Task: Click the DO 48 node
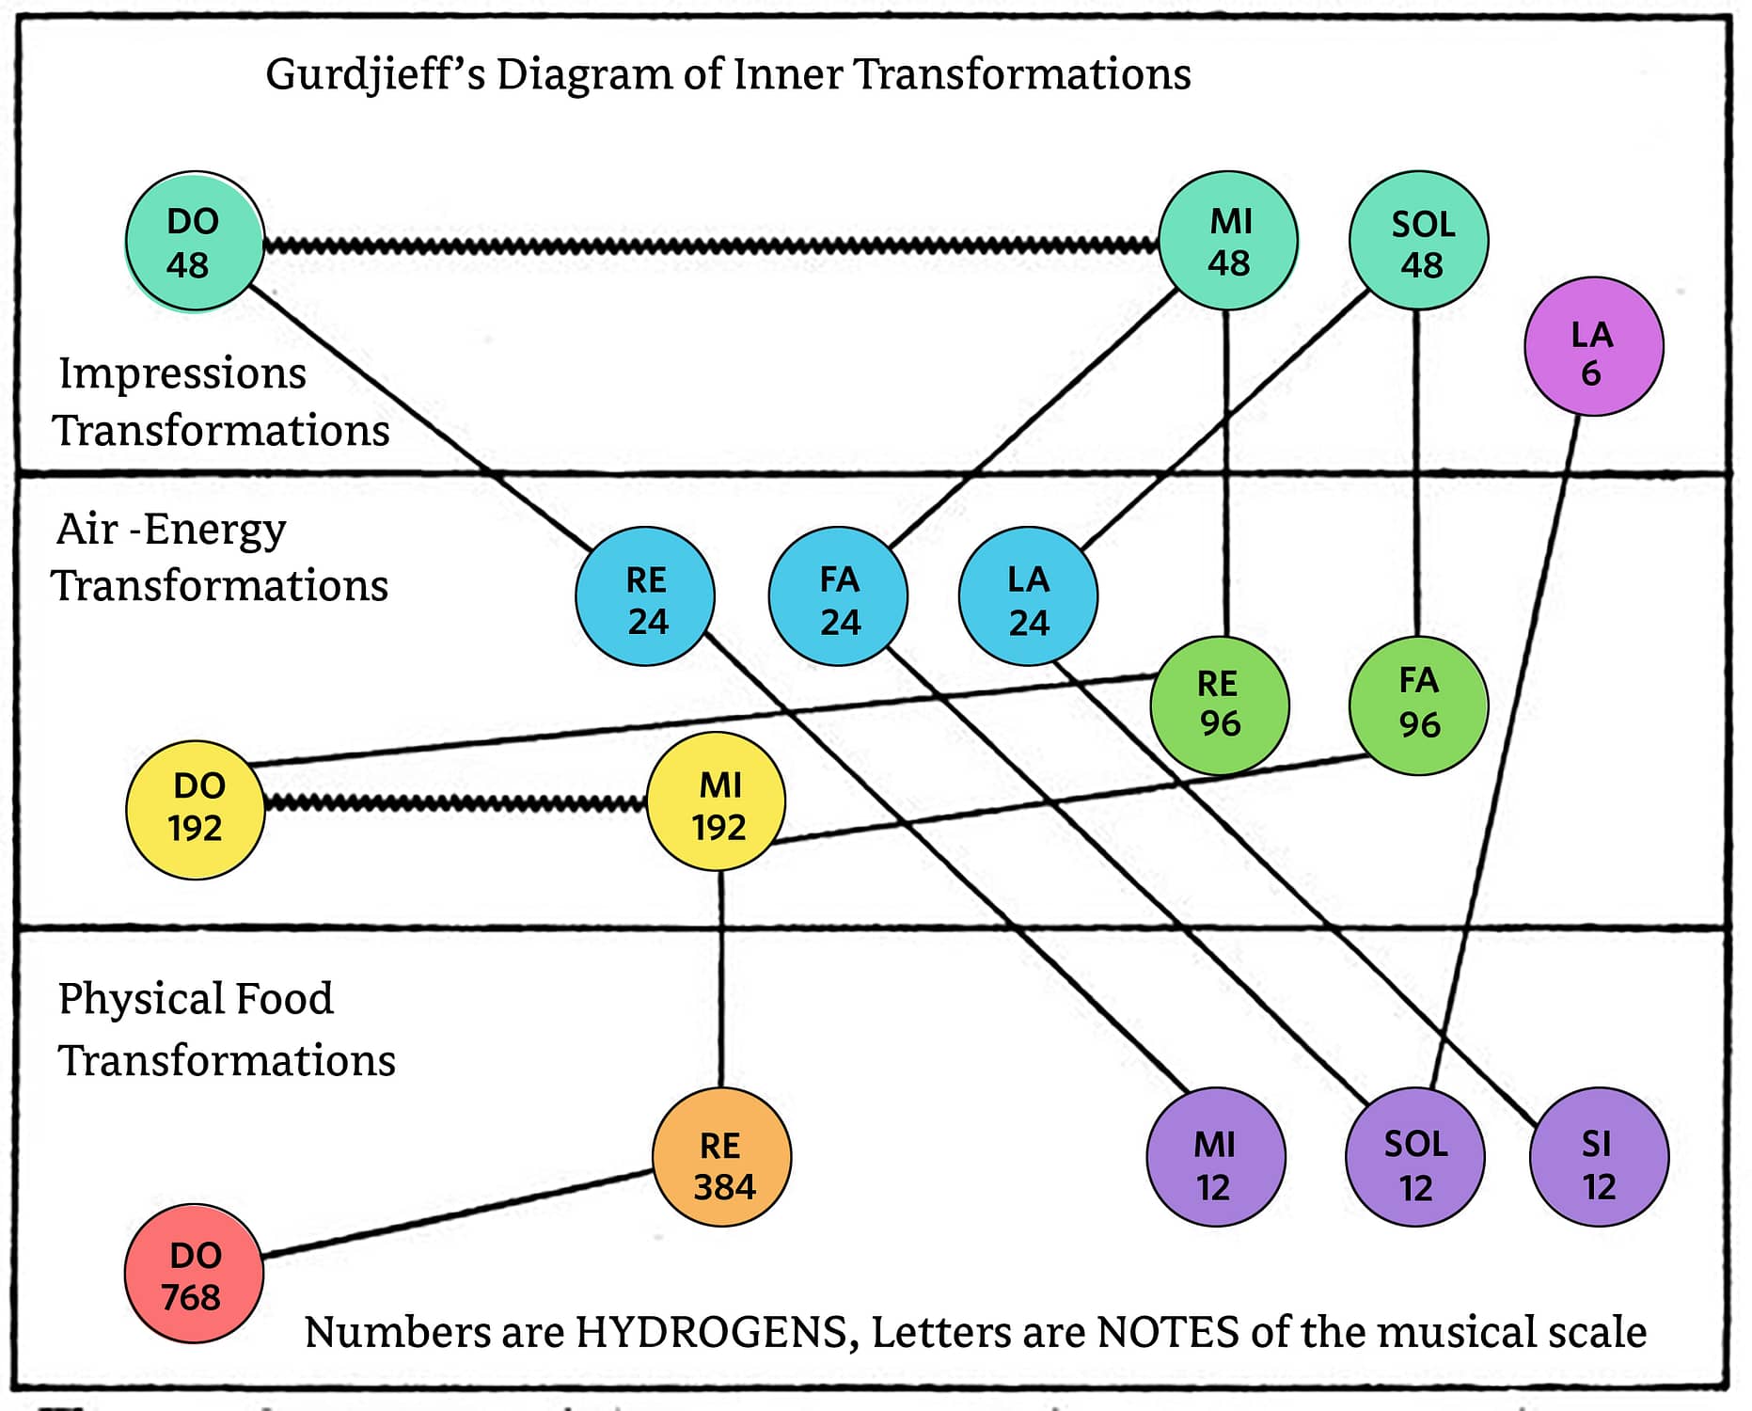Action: [x=195, y=242]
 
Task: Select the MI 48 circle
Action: [x=1228, y=241]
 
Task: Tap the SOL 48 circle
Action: [x=1419, y=241]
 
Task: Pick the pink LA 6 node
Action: [x=1594, y=346]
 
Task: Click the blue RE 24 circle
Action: [x=645, y=596]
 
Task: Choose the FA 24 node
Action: [x=838, y=596]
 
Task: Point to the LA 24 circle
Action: [x=1028, y=596]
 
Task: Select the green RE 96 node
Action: [x=1220, y=705]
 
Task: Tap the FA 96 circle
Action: [x=1419, y=705]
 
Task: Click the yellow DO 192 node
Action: [x=196, y=810]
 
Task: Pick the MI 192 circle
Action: [x=717, y=802]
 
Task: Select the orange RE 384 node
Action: [x=722, y=1157]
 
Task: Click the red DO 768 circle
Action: [x=194, y=1274]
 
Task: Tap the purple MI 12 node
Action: [x=1216, y=1157]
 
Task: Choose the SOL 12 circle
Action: [x=1415, y=1157]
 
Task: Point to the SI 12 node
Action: [x=1600, y=1157]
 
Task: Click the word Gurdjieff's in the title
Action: [x=375, y=75]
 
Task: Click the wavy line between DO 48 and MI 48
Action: [x=711, y=246]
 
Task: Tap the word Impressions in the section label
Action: [x=182, y=374]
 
